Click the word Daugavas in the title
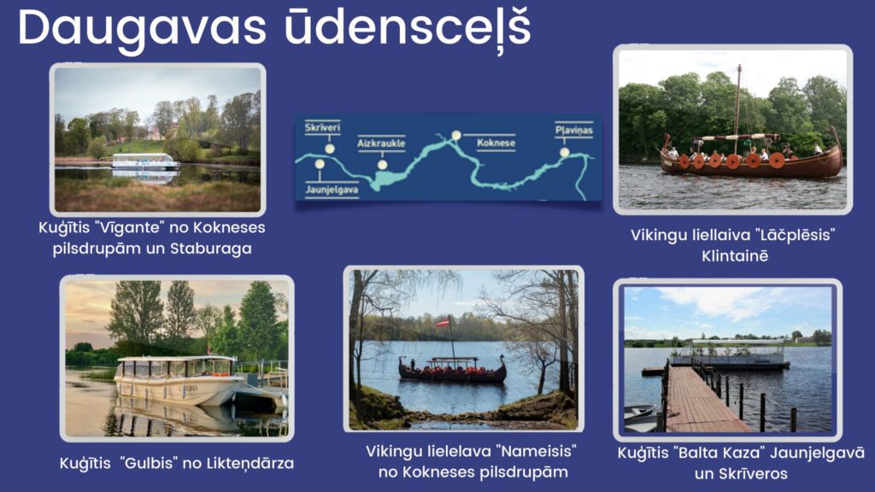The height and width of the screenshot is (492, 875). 143,29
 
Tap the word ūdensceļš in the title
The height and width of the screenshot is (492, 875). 408,28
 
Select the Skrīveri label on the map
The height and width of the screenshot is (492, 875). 322,127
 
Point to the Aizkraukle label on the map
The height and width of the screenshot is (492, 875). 381,143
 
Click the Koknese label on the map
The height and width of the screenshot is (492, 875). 496,143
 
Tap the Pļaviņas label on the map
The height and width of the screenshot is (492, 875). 573,130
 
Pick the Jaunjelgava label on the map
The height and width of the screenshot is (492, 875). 332,190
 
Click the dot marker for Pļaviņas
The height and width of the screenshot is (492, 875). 565,152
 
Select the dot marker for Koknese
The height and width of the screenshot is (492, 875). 456,135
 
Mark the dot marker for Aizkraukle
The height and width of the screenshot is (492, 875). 382,165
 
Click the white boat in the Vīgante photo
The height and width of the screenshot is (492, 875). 145,161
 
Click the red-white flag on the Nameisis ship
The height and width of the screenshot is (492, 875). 443,322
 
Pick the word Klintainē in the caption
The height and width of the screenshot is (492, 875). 735,256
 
